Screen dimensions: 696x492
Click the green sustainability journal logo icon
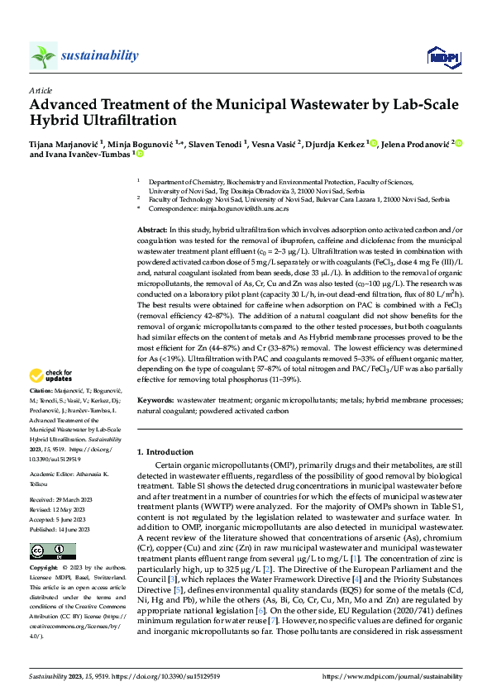(x=43, y=55)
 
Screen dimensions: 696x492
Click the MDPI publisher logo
(x=438, y=56)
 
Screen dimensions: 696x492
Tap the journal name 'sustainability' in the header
(x=99, y=55)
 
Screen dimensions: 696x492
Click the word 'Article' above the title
(x=41, y=90)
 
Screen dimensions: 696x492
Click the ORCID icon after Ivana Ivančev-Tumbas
(x=140, y=154)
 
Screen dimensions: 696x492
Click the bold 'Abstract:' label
(x=153, y=227)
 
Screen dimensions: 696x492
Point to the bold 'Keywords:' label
(x=156, y=399)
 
